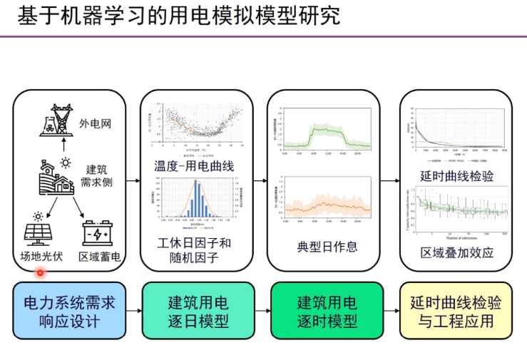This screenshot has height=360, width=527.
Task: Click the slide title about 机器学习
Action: (178, 16)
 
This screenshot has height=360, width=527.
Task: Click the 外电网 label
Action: (95, 123)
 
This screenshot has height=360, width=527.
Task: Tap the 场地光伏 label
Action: (41, 256)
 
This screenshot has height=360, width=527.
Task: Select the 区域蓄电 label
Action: (99, 256)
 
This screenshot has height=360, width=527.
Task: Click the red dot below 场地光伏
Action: (40, 272)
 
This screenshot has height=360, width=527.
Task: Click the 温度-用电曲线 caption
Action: (194, 166)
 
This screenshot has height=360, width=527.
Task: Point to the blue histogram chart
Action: (194, 201)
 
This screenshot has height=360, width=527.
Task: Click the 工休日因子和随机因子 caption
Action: (194, 250)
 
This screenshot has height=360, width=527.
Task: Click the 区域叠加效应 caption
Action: (456, 253)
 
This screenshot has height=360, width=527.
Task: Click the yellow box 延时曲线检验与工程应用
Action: (456, 312)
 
